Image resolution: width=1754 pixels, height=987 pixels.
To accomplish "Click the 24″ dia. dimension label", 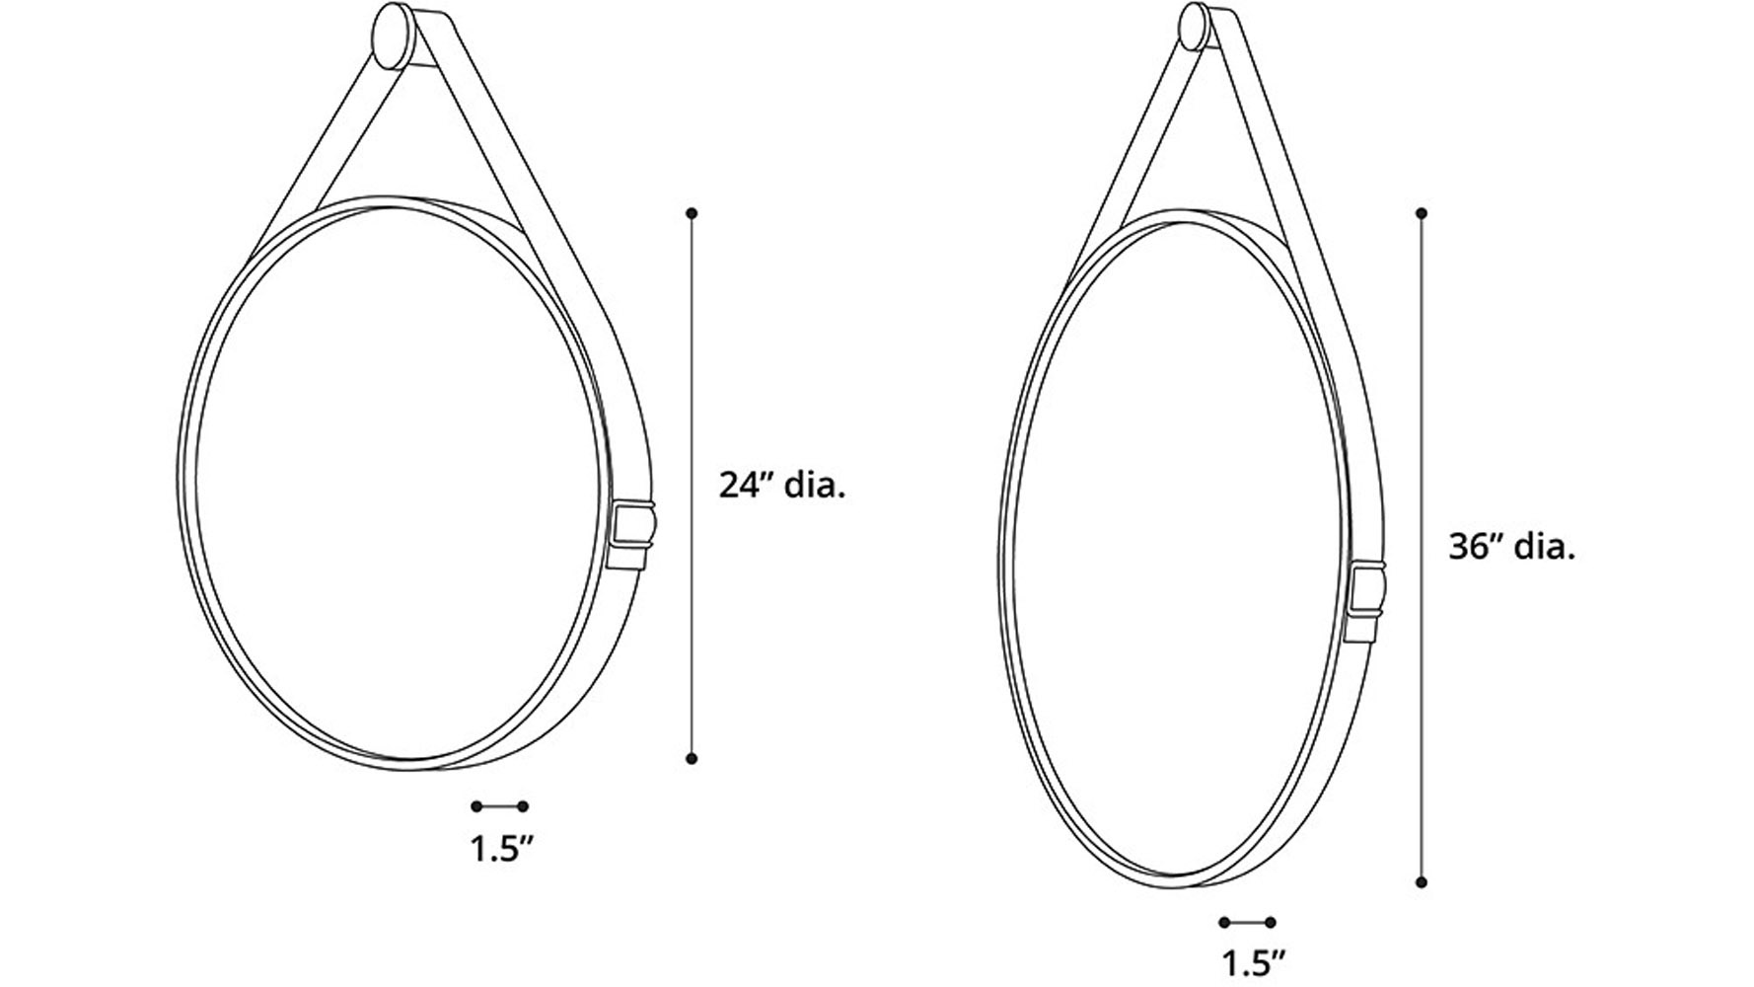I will pyautogui.click(x=781, y=486).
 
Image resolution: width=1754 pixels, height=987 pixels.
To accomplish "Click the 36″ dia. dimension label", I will pyautogui.click(x=1511, y=547).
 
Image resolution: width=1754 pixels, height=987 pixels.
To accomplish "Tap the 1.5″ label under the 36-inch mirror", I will pyautogui.click(x=1254, y=962).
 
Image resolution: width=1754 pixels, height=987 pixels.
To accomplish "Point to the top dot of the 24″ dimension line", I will pyautogui.click(x=693, y=213).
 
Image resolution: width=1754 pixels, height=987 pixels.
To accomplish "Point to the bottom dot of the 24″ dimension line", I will pyautogui.click(x=693, y=758).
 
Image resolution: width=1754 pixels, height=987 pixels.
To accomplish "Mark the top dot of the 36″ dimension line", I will pyautogui.click(x=1422, y=213).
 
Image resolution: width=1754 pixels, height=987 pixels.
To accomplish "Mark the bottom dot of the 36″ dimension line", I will pyautogui.click(x=1422, y=881).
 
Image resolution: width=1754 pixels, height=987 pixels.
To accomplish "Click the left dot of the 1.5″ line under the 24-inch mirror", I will pyautogui.click(x=476, y=806).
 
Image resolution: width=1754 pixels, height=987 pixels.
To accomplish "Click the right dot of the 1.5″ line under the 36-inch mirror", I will pyautogui.click(x=1271, y=923).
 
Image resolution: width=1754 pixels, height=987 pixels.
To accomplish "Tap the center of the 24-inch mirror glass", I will pyautogui.click(x=400, y=484).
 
